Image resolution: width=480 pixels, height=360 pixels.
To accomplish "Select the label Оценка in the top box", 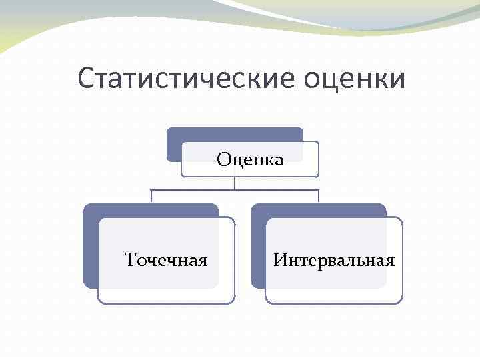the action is click(x=250, y=159).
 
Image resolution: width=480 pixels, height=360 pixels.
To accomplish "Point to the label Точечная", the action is click(x=166, y=259).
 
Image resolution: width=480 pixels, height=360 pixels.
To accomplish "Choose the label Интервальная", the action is click(x=334, y=259).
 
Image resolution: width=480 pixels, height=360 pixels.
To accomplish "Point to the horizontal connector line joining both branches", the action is click(x=200, y=189).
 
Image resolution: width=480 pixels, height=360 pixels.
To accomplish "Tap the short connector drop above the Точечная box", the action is click(x=151, y=196).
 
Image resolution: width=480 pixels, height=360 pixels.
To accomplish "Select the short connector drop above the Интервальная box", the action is click(x=319, y=196).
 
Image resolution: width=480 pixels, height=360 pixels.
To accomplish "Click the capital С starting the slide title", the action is click(x=85, y=79).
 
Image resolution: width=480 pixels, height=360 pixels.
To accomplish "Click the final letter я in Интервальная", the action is click(x=391, y=260).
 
